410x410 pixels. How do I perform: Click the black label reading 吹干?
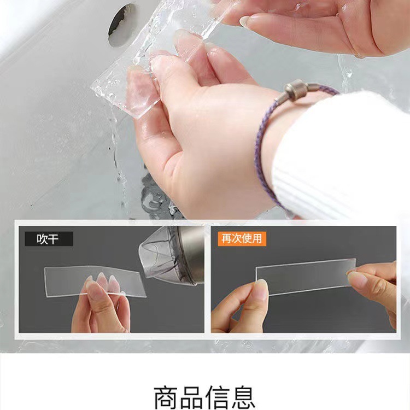point(48,238)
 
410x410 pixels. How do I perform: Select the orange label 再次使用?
point(240,238)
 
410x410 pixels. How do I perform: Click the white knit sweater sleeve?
point(350,153)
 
